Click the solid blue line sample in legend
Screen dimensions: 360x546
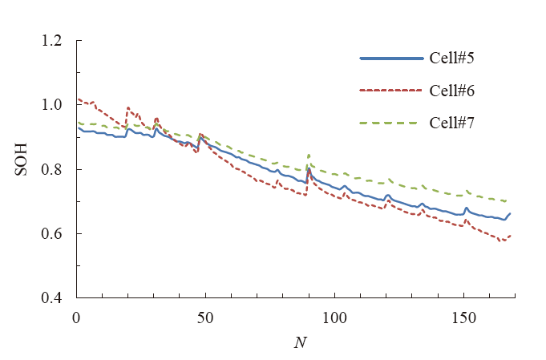(x=391, y=59)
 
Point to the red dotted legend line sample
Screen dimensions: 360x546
(x=391, y=91)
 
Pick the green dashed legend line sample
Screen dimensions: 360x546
(x=391, y=123)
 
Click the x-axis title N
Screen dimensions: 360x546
(x=297, y=343)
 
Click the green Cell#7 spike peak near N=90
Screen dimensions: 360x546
(x=309, y=155)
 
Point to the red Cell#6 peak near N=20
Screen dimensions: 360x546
(x=128, y=107)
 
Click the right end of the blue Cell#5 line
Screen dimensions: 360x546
(x=509, y=214)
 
